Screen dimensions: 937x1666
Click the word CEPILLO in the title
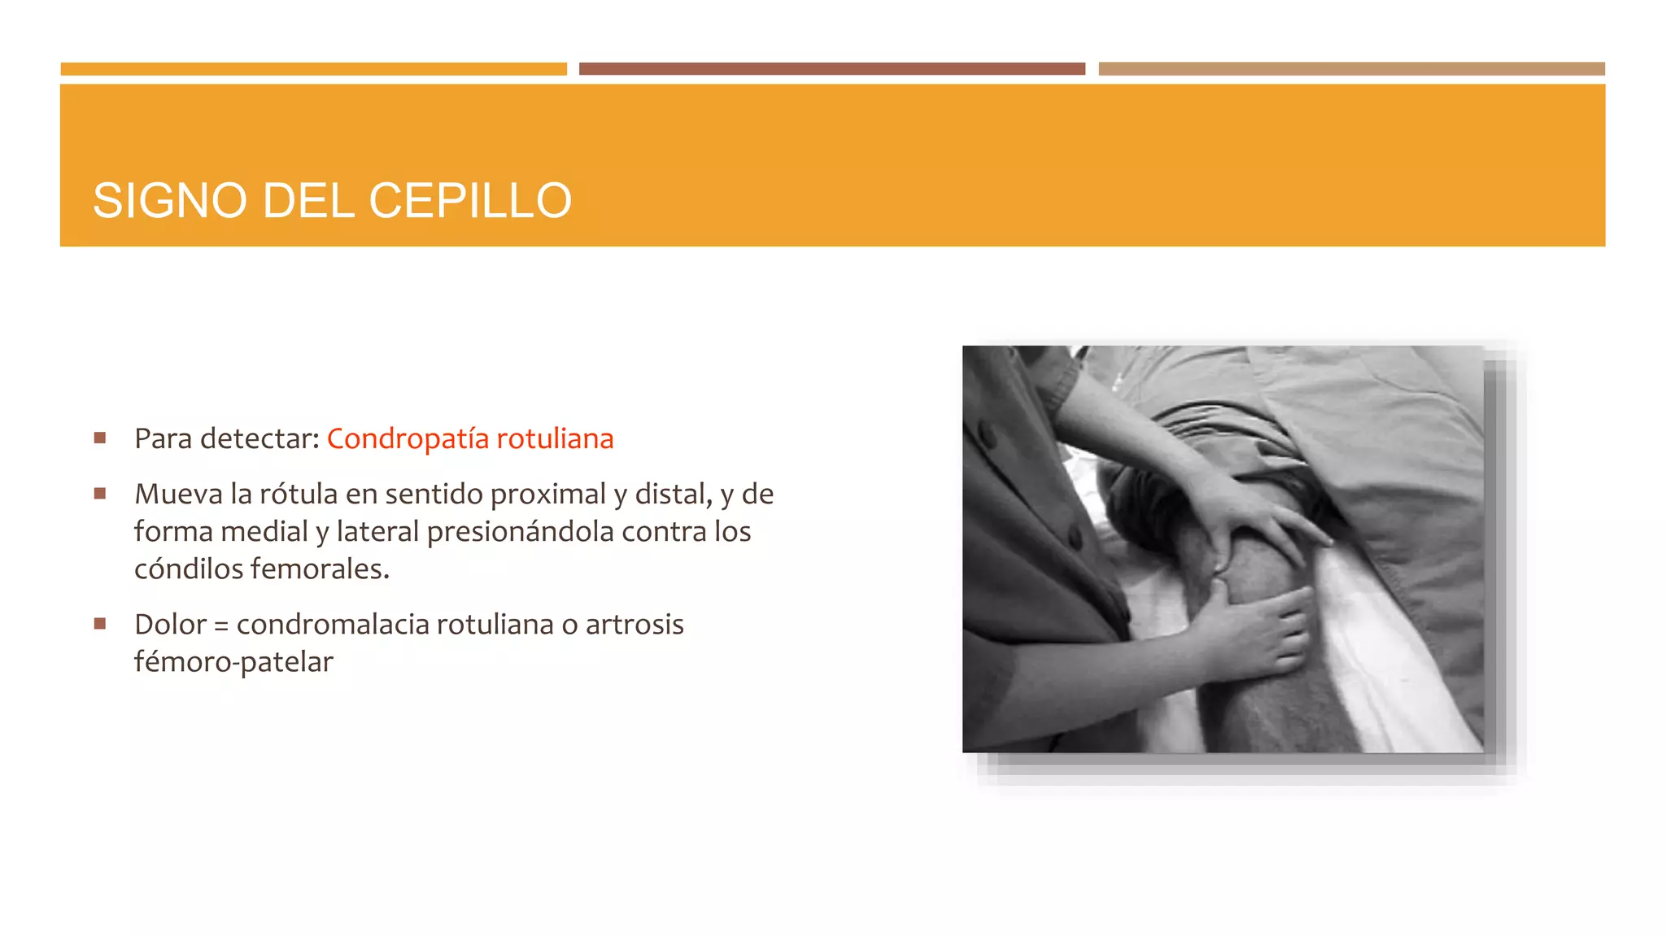tap(470, 201)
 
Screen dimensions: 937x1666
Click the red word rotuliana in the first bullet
tap(555, 439)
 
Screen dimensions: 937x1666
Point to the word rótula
tap(298, 495)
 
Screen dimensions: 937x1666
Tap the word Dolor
tap(170, 625)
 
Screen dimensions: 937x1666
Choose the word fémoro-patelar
tap(233, 662)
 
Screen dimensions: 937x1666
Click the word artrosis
tap(635, 625)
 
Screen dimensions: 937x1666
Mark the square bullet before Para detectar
tap(100, 438)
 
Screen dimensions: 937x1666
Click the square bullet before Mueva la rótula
tap(100, 494)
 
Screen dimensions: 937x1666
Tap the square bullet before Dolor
tap(100, 624)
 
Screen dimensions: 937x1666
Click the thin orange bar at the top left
tap(313, 69)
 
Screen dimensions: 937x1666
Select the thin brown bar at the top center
tap(831, 69)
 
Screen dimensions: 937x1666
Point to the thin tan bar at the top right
tap(1351, 69)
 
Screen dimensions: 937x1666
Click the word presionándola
tap(521, 532)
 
